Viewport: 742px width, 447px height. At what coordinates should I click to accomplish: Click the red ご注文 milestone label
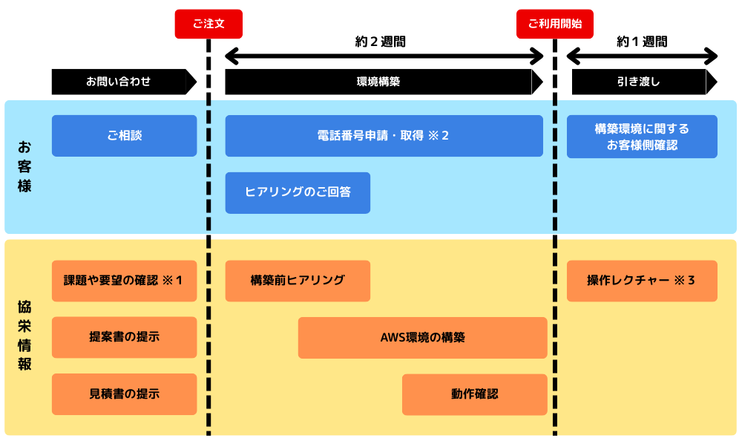(209, 24)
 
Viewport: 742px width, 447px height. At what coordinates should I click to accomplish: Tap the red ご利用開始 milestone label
(555, 24)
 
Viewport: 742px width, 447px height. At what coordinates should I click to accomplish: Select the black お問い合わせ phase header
(119, 82)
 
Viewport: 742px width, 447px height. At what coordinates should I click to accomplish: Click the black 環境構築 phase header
(378, 82)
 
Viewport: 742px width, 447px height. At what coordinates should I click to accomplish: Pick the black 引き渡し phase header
(639, 82)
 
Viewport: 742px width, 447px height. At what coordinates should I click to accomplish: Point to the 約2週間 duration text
(381, 42)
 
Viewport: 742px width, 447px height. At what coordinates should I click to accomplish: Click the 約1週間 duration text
(642, 42)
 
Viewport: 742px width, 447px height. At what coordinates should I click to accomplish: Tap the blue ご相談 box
(124, 136)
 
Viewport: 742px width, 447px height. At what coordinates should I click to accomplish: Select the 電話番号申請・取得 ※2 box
(384, 136)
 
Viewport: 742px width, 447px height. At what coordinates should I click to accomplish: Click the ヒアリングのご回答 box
(298, 192)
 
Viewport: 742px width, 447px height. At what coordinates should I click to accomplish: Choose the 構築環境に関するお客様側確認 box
(642, 137)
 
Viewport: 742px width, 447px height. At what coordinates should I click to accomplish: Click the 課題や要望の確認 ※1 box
(124, 281)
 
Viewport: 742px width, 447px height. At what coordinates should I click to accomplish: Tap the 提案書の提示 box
(124, 337)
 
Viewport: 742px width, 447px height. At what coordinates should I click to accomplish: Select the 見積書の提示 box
(124, 394)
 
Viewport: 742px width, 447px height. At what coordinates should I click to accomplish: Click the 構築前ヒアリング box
(298, 281)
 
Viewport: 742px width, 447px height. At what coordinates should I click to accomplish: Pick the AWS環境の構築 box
(422, 337)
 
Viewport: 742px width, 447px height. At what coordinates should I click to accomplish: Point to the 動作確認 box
(474, 394)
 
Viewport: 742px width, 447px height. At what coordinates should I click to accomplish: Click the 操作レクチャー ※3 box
(642, 281)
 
